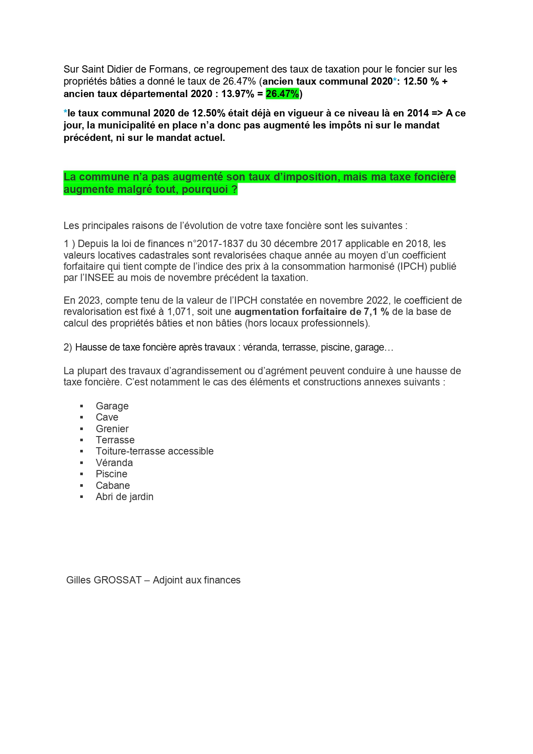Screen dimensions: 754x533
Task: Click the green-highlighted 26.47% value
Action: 282,94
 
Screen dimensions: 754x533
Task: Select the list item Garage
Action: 112,406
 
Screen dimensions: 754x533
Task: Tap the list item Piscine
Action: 111,474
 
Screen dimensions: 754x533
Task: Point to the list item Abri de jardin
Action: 124,497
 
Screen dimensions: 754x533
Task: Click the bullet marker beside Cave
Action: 81,418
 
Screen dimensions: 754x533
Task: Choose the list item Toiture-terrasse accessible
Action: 154,451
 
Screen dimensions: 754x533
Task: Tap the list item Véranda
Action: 114,463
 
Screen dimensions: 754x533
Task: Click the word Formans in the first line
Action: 168,69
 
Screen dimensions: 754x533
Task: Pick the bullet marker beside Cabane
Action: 81,485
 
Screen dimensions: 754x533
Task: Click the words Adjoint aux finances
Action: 196,580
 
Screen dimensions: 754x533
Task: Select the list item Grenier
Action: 112,429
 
